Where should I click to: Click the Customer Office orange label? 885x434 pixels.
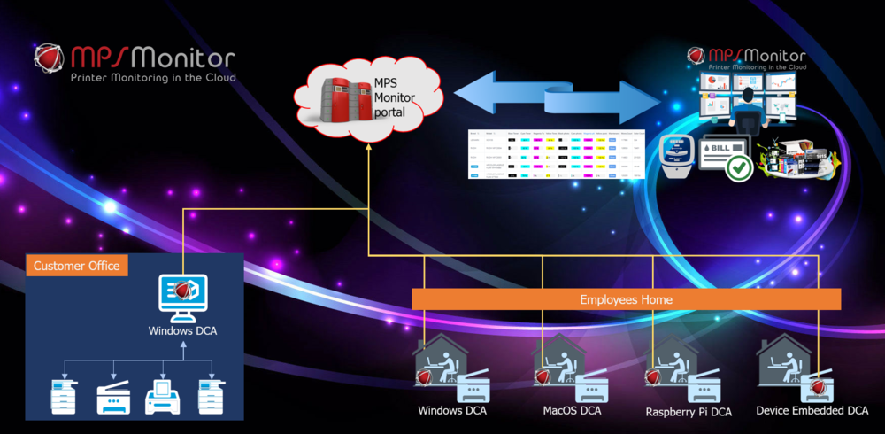click(76, 265)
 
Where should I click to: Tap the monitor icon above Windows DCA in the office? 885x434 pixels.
click(182, 294)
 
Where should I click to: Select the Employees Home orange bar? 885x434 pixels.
click(626, 299)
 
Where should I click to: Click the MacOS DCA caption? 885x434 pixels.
click(572, 411)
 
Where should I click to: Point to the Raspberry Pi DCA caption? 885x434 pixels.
click(689, 412)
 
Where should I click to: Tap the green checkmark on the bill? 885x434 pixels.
click(739, 167)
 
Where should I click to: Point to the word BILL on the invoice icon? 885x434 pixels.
click(720, 147)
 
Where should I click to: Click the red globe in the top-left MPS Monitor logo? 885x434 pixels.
click(51, 58)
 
